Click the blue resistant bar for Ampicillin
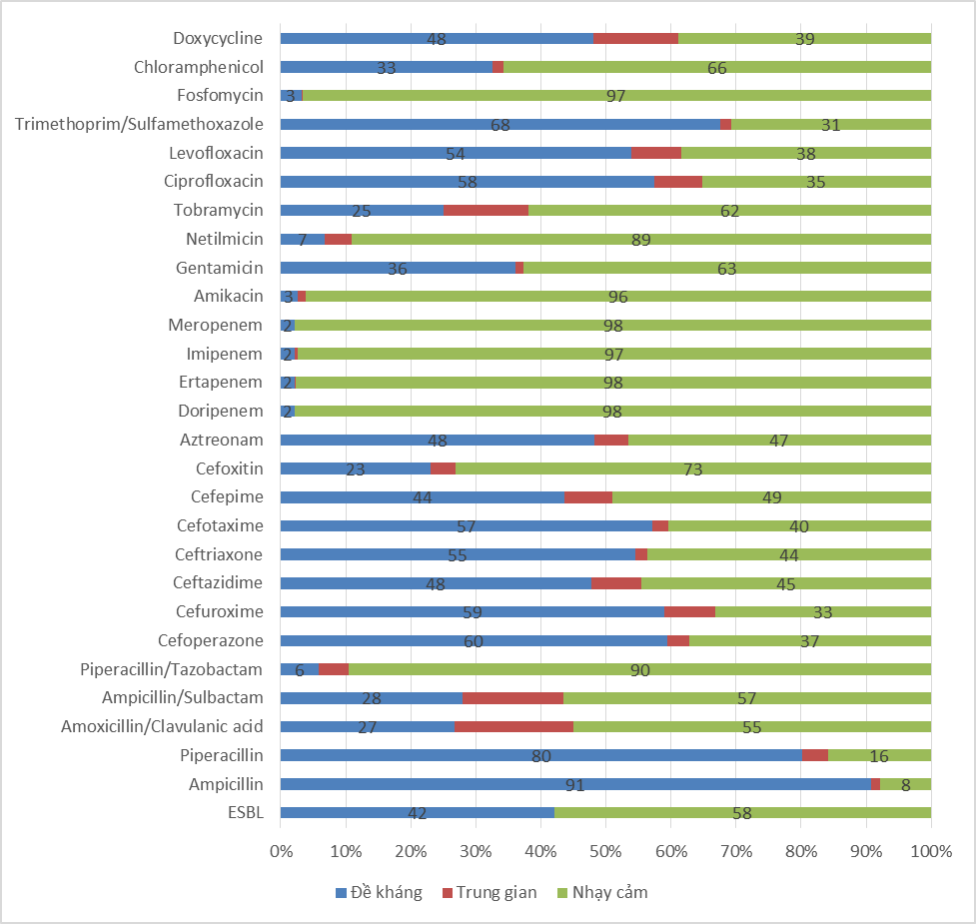[x=450, y=784]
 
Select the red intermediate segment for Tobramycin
[x=486, y=211]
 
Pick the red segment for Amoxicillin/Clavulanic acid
[x=513, y=726]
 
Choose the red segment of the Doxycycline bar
[x=635, y=39]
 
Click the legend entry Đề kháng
[x=380, y=892]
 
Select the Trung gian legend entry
[x=488, y=892]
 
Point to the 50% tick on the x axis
[x=606, y=851]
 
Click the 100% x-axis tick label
[x=931, y=851]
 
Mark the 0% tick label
[x=281, y=851]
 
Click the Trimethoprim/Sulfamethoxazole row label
[x=139, y=124]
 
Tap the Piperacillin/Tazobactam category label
[x=172, y=669]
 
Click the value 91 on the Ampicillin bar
[x=574, y=785]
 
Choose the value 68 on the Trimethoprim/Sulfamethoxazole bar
[x=500, y=125]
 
